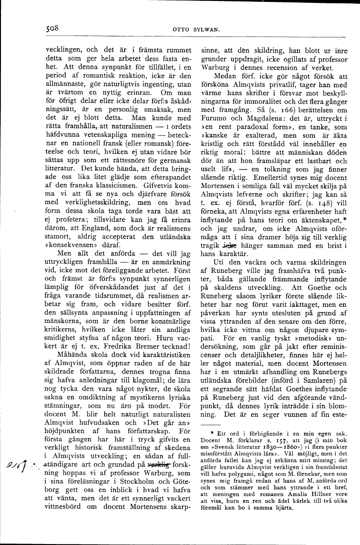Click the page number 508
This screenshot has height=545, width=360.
point(52,27)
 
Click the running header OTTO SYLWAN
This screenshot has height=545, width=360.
point(194,29)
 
